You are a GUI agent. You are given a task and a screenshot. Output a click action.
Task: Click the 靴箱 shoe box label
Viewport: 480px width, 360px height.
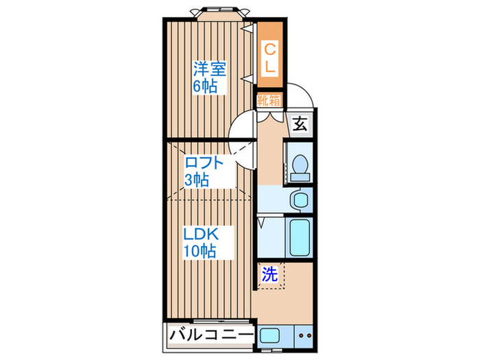269,101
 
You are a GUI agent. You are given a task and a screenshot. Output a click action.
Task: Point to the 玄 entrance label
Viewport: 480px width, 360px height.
300,124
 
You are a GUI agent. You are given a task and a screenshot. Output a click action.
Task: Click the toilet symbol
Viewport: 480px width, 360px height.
300,167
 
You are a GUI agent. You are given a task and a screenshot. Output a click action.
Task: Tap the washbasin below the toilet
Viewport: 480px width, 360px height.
299,200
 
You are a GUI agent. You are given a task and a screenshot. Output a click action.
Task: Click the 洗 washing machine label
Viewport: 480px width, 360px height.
270,275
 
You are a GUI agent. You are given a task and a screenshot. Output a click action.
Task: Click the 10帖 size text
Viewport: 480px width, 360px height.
199,251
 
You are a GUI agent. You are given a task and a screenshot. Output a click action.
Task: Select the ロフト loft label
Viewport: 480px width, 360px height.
204,163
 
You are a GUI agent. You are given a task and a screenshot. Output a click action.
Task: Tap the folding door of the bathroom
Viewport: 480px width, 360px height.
263,224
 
